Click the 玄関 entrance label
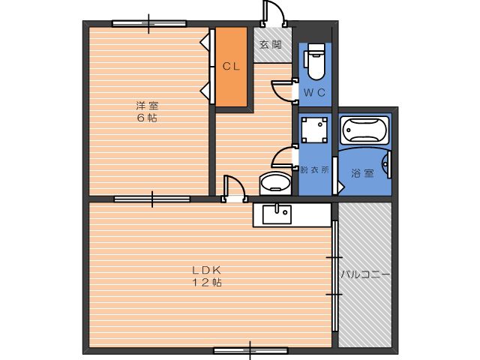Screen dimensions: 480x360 click(x=271, y=45)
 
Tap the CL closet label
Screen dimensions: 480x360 click(x=231, y=67)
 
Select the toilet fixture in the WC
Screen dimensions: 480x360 click(x=315, y=61)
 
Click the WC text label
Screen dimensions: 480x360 click(x=315, y=92)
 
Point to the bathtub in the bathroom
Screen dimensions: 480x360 click(x=364, y=130)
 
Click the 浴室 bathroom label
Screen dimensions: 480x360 click(x=362, y=173)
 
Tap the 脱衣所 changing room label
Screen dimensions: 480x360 click(x=314, y=169)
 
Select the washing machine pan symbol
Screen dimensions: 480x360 click(x=314, y=130)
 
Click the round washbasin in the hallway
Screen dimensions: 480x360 click(x=275, y=183)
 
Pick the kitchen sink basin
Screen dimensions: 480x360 click(x=277, y=214)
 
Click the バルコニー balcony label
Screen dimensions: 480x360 click(x=365, y=274)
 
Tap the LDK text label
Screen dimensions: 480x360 click(x=207, y=270)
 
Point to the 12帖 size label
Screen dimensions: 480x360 click(x=207, y=282)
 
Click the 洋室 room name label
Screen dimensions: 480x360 click(x=147, y=106)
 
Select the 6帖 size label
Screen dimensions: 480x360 click(x=147, y=118)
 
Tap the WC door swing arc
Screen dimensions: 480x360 click(x=278, y=92)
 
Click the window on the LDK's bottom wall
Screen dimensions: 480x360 click(x=250, y=350)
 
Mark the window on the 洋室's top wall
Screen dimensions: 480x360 click(x=149, y=23)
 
